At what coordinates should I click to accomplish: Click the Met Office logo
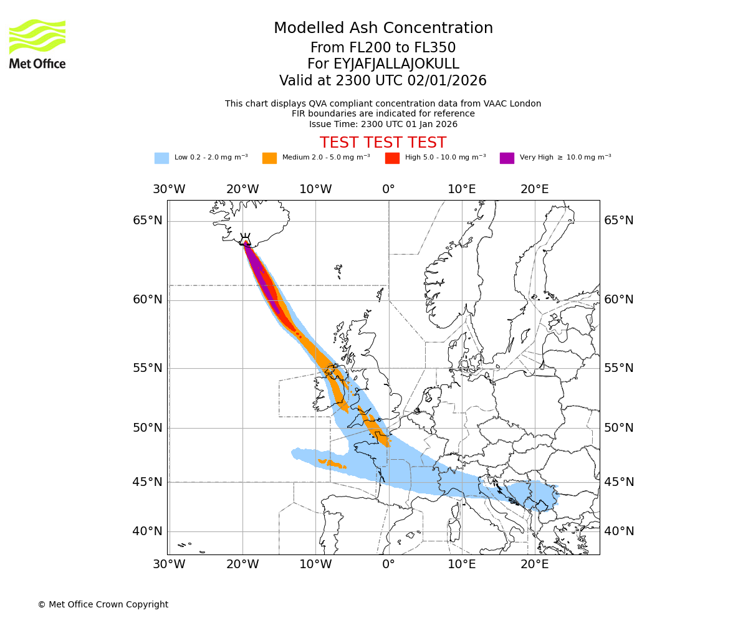[x=37, y=44]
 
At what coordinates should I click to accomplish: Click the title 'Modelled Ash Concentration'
[x=383, y=28]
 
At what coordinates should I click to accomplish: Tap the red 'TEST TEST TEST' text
[x=383, y=143]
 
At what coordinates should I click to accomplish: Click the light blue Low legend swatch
[x=161, y=158]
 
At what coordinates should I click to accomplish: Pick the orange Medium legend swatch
[x=269, y=158]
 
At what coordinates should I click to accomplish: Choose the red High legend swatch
[x=392, y=158]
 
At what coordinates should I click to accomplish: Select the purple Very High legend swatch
[x=507, y=158]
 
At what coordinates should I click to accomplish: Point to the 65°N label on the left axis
[x=148, y=221]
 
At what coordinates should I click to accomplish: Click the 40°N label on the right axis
[x=618, y=531]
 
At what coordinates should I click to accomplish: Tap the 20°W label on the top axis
[x=242, y=189]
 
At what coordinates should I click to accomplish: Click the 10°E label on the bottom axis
[x=462, y=564]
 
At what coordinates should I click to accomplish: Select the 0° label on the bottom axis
[x=389, y=564]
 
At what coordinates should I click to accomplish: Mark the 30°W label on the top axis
[x=169, y=189]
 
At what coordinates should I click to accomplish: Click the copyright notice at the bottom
[x=103, y=604]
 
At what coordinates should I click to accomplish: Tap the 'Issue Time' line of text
[x=383, y=124]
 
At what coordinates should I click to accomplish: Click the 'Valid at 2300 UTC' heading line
[x=383, y=81]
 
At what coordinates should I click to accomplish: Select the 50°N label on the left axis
[x=148, y=428]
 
